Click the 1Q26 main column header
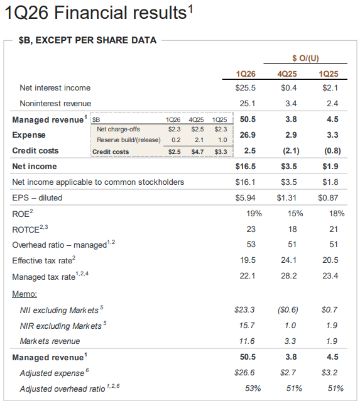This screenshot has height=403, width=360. click(246, 74)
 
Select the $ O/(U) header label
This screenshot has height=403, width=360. click(305, 58)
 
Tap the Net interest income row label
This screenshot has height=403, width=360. click(55, 88)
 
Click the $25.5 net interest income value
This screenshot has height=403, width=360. click(246, 88)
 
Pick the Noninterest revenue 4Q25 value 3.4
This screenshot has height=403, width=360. click(291, 104)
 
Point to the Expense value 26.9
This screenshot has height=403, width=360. click(248, 135)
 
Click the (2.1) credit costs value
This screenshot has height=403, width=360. click(291, 151)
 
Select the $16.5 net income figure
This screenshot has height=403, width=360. click(246, 166)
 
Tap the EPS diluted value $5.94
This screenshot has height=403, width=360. click(245, 198)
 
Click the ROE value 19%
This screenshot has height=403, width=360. click(254, 214)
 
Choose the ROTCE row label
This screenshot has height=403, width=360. click(30, 229)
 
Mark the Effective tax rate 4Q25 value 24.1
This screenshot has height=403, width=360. click(288, 260)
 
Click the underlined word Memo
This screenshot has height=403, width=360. click(25, 294)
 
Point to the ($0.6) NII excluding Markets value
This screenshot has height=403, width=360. click(288, 310)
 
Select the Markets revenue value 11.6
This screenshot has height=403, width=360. click(247, 341)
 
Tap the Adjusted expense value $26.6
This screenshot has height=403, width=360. click(244, 373)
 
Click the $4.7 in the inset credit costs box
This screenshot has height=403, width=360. click(197, 152)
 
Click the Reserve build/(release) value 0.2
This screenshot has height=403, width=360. click(176, 140)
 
